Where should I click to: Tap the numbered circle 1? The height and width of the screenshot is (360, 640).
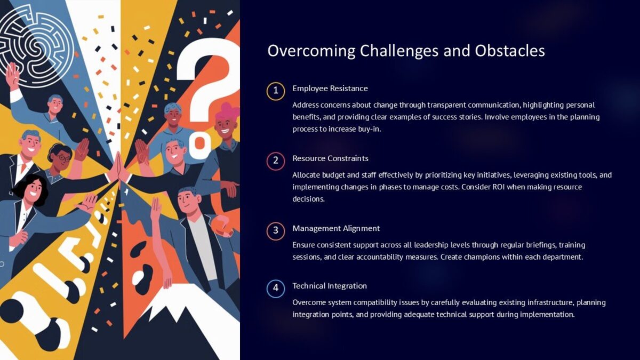[x=275, y=91]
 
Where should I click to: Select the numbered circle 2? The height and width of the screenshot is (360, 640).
[x=275, y=161]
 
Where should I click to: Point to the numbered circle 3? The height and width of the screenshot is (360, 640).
[x=275, y=230]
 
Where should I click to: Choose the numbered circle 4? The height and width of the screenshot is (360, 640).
[x=275, y=289]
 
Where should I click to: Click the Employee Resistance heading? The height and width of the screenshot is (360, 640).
[x=330, y=88]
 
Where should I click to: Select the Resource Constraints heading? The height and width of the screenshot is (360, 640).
[x=330, y=158]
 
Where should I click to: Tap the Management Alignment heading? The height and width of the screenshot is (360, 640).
[x=336, y=228]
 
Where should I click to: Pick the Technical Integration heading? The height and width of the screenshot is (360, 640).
[x=330, y=286]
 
